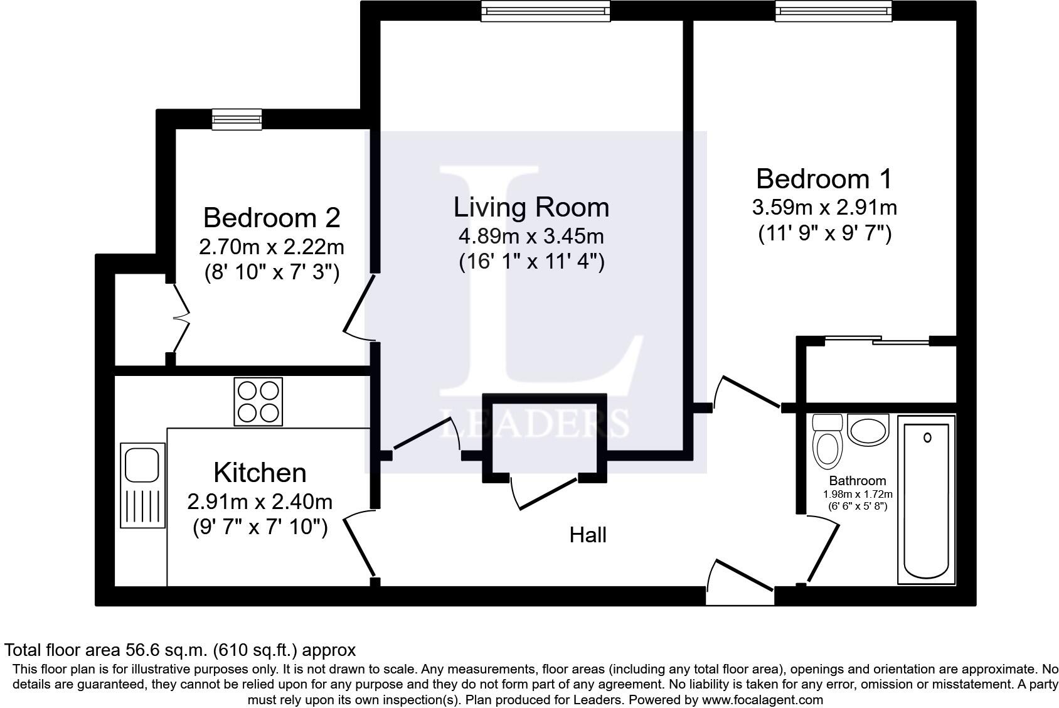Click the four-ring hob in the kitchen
pos(258,402)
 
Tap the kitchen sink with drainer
pos(143,485)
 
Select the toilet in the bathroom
pos(828,442)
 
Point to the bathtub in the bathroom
pos(926,500)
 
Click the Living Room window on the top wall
pos(546,11)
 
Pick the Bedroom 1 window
pos(833,11)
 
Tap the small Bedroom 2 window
pos(237,119)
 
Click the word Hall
pos(588,535)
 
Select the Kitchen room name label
pos(260,473)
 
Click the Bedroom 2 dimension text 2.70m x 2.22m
pos(272,247)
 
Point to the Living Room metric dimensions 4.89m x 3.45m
pos(531,236)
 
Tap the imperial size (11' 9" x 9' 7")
pos(824,233)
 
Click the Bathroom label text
pos(858,481)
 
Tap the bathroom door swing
pos(822,549)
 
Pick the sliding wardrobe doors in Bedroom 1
pos(877,340)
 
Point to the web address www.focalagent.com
pos(762,699)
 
